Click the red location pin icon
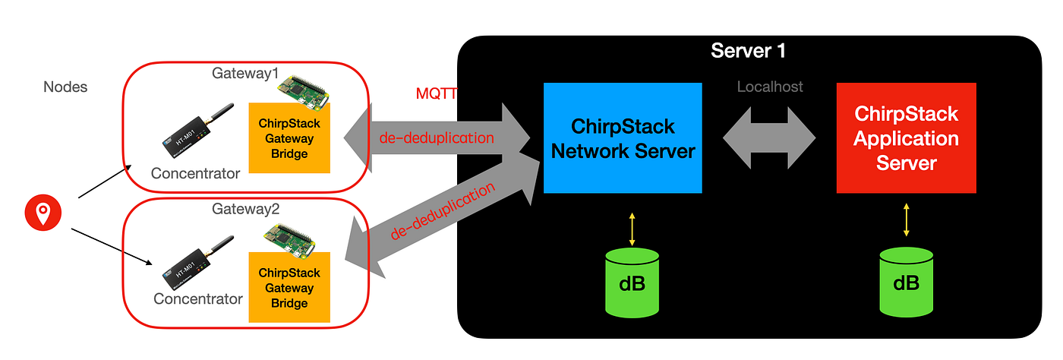(x=43, y=211)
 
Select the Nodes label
(x=65, y=87)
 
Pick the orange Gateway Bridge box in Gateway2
(x=289, y=287)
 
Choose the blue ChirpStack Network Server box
(x=623, y=138)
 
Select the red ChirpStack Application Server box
(x=906, y=138)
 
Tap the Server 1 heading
(x=748, y=51)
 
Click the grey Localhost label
(x=770, y=87)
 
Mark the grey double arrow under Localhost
(x=768, y=139)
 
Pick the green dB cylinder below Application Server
(x=906, y=282)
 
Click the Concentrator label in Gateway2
(x=198, y=298)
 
